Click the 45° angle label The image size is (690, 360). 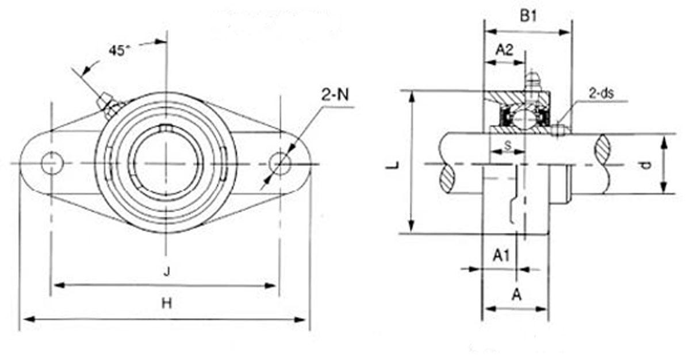click(119, 49)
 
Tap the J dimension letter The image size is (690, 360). click(166, 273)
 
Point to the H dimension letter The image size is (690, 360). click(166, 305)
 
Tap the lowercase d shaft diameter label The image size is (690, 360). click(647, 165)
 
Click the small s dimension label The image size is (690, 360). click(508, 145)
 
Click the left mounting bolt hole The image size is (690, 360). click(51, 163)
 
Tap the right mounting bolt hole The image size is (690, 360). click(280, 162)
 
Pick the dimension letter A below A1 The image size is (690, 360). click(516, 294)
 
